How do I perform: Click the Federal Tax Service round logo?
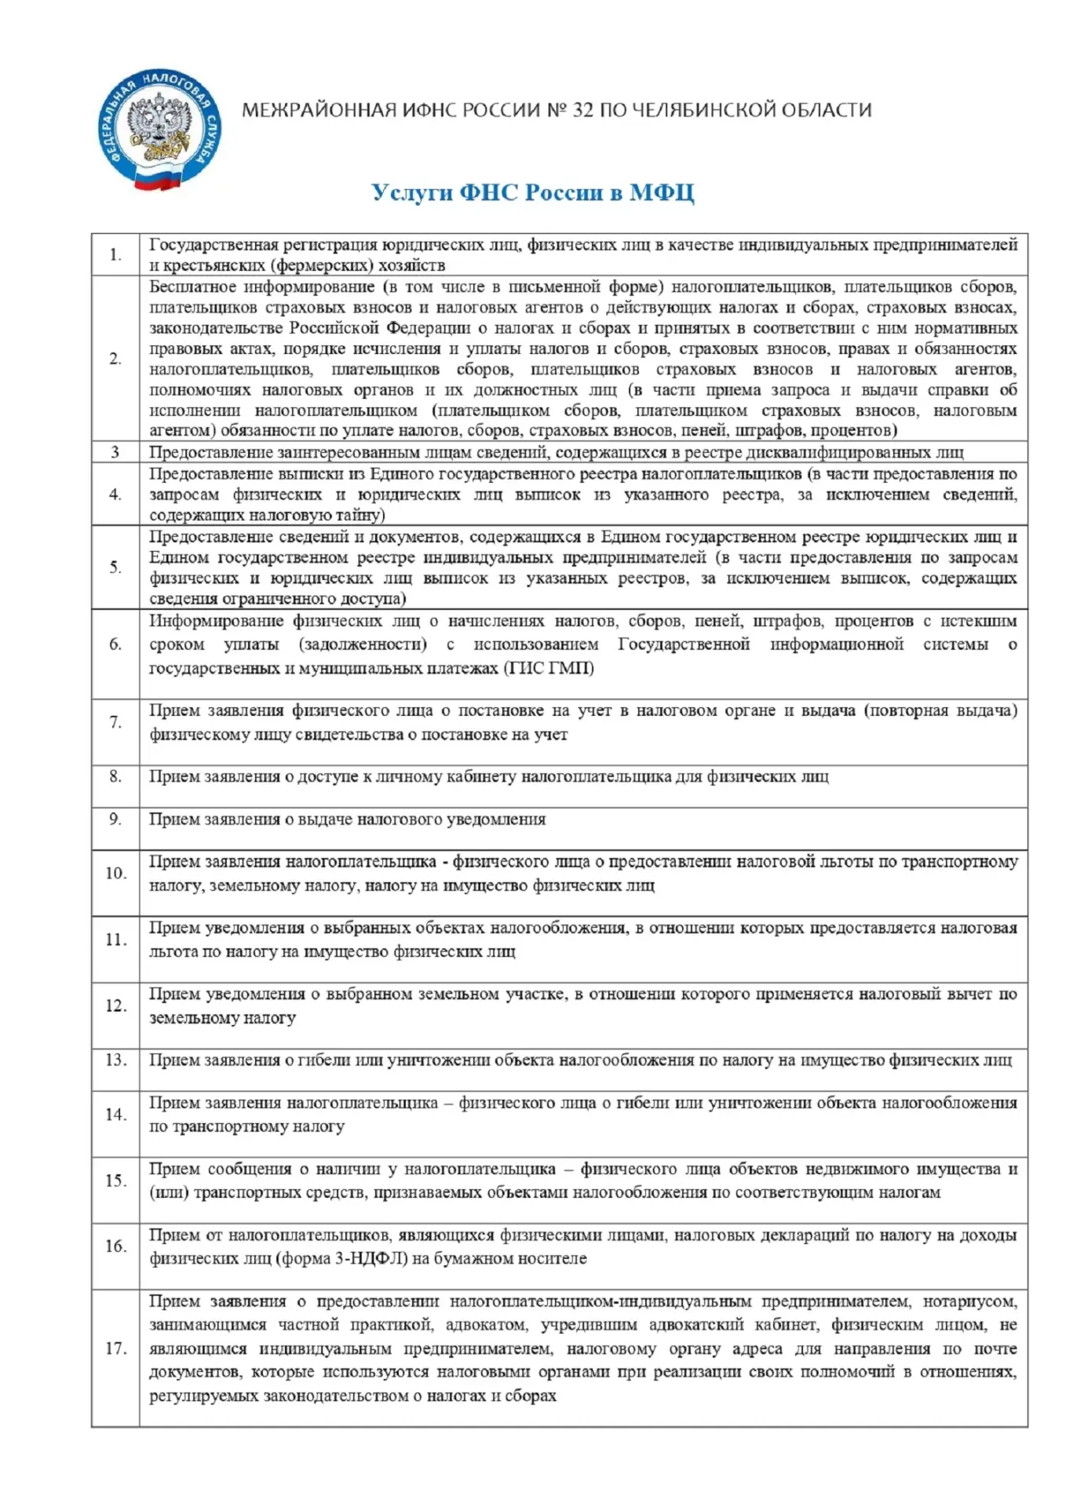click(x=159, y=130)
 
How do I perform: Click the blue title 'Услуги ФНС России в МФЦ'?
click(x=532, y=192)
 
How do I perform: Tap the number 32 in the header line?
click(x=582, y=110)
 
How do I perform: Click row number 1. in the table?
click(x=115, y=254)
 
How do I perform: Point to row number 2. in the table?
click(x=115, y=359)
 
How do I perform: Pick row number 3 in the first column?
click(x=115, y=452)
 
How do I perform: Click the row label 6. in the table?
click(x=115, y=644)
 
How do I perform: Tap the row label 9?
click(x=115, y=819)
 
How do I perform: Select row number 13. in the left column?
click(x=115, y=1060)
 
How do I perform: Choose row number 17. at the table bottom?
click(x=115, y=1348)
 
